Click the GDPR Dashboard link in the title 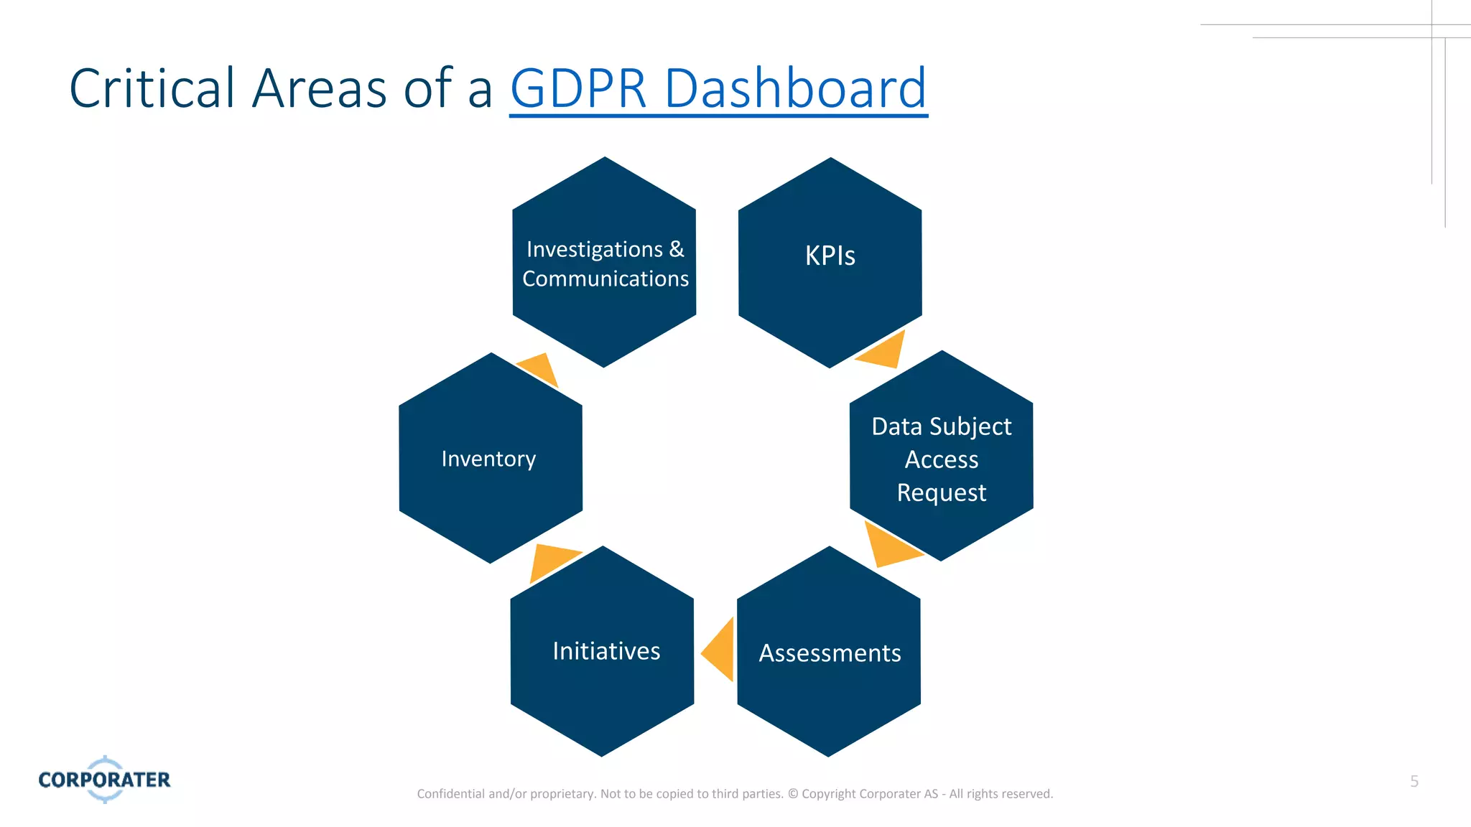click(718, 88)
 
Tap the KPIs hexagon click(830, 262)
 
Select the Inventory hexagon click(490, 458)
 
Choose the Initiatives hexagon click(602, 651)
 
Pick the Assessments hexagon click(829, 653)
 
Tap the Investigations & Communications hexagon click(604, 263)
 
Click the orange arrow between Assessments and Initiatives click(720, 650)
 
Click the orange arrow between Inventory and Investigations click(540, 368)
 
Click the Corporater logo click(105, 779)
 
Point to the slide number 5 click(1414, 781)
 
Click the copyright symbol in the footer click(793, 794)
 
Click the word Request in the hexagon click(941, 493)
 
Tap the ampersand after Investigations click(677, 249)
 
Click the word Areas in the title click(320, 88)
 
